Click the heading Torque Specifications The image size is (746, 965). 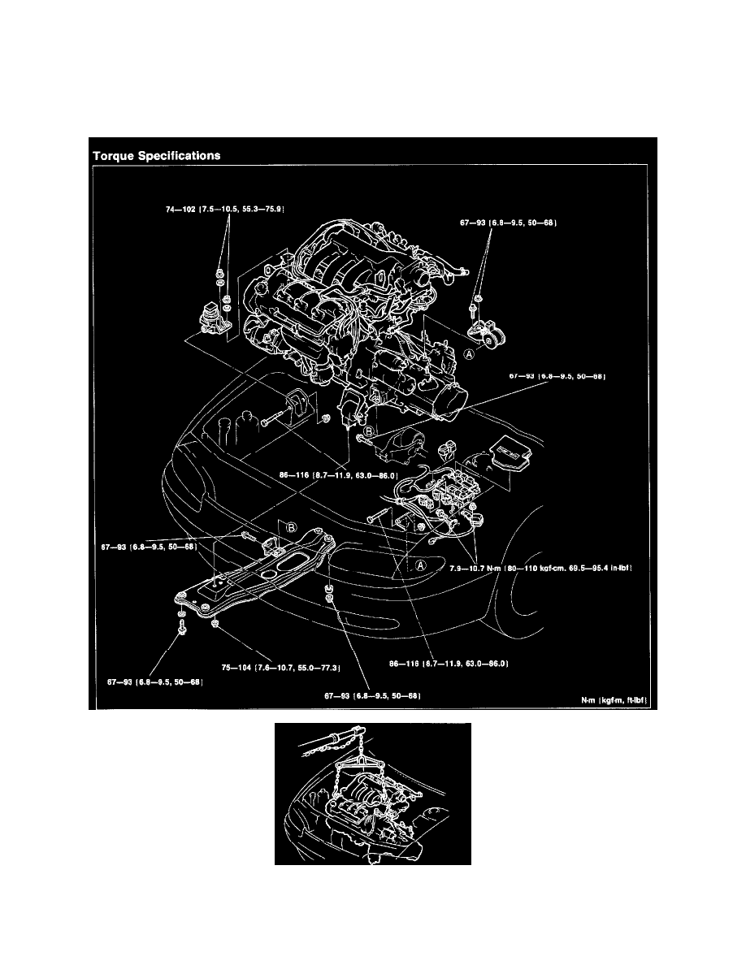click(x=156, y=156)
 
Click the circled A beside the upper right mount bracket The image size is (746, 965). click(x=468, y=354)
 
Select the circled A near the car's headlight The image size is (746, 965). click(x=420, y=566)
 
